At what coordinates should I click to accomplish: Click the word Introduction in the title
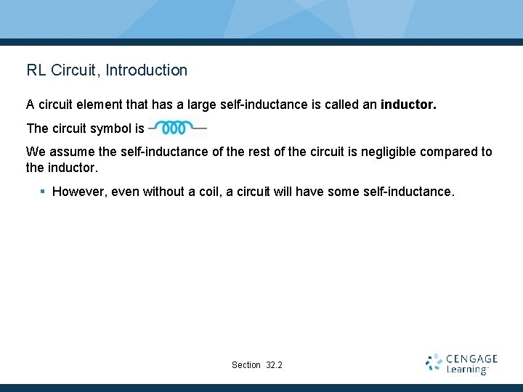pyautogui.click(x=146, y=70)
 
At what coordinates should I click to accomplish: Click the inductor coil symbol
pyautogui.click(x=178, y=128)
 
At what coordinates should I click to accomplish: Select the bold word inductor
pyautogui.click(x=408, y=105)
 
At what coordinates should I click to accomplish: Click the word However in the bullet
pyautogui.click(x=77, y=192)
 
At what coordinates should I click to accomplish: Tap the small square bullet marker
pyautogui.click(x=43, y=192)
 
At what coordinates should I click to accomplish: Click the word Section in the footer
pyautogui.click(x=246, y=365)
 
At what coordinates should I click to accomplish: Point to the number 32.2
pyautogui.click(x=275, y=365)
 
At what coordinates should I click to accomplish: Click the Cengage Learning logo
pyautogui.click(x=461, y=364)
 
